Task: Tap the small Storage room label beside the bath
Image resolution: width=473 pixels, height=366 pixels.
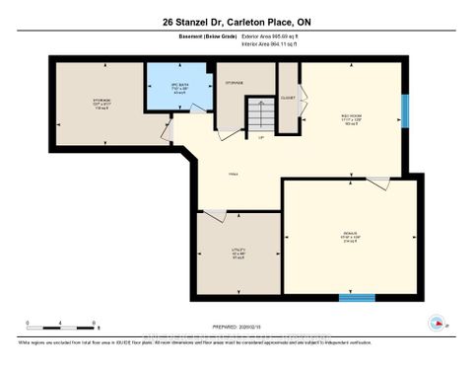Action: [x=235, y=83]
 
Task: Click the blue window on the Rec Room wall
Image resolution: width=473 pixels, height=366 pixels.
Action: [x=404, y=109]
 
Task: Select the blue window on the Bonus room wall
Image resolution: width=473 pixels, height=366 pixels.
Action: [x=357, y=296]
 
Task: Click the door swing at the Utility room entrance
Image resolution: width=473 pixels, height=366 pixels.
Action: [x=214, y=212]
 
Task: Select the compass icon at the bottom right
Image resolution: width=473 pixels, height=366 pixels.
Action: [x=437, y=323]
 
